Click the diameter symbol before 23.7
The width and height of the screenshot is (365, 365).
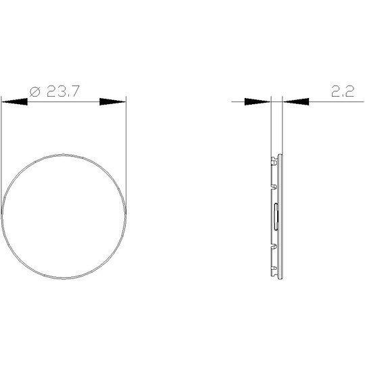point(35,91)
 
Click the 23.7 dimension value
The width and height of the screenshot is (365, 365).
point(63,91)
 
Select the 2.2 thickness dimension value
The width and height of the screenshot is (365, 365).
point(343,91)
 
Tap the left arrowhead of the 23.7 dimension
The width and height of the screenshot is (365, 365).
point(14,101)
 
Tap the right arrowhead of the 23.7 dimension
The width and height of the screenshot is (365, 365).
point(113,101)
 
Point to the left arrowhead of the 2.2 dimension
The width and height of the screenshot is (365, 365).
point(258,101)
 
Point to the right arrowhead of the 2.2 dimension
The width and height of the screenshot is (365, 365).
point(296,101)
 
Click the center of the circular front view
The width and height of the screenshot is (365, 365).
point(64,216)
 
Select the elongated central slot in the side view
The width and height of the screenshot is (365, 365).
point(276,216)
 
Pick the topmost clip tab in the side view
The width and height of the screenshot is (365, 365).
point(274,161)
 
